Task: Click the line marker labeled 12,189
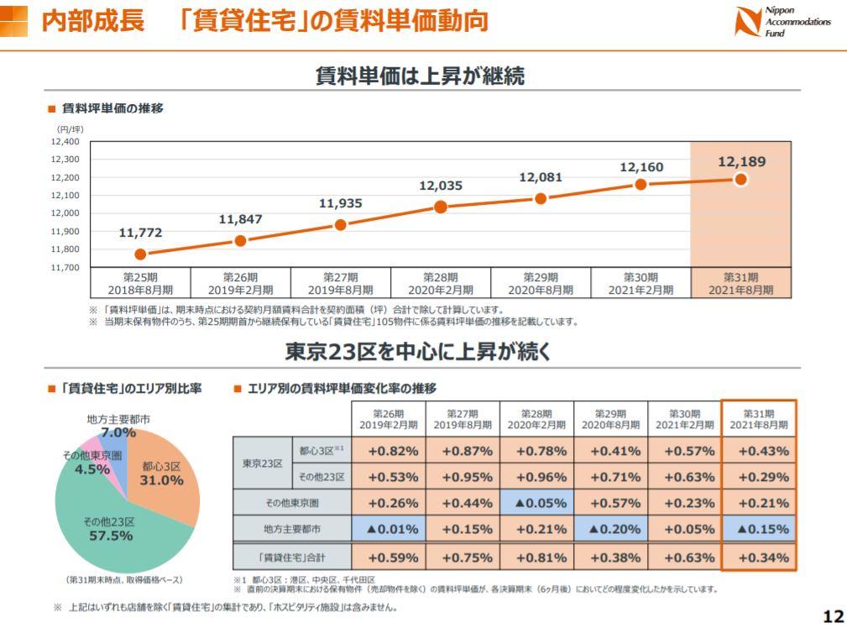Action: point(740,180)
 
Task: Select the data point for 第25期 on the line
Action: point(140,254)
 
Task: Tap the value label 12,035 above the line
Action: point(441,186)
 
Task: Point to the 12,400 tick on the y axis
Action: point(65,142)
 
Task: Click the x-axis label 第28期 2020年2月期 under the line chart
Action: point(441,283)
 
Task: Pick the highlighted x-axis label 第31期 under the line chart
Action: point(740,283)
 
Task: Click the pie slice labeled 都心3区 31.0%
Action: point(164,474)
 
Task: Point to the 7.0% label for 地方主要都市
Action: point(118,432)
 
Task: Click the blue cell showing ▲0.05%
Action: point(537,504)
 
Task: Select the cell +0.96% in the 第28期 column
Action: point(537,477)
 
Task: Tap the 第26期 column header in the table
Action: point(388,419)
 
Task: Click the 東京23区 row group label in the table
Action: point(261,463)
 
